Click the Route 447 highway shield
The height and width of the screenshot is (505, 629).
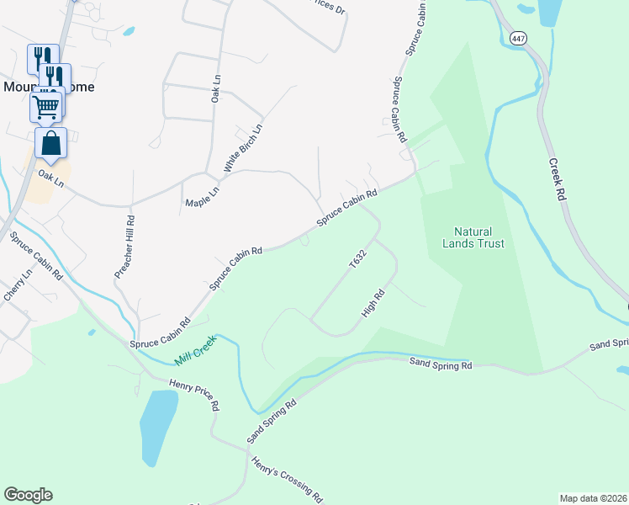518,39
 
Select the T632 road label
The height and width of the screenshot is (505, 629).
358,258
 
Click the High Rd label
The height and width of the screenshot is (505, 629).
373,304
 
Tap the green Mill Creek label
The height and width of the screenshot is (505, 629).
196,352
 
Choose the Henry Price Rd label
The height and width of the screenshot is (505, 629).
194,394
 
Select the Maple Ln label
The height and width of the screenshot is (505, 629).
202,198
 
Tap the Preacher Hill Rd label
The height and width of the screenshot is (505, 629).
124,246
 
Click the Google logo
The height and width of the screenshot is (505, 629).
28,495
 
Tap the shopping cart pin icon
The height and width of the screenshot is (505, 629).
45,106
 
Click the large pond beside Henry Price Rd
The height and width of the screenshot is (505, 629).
158,425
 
